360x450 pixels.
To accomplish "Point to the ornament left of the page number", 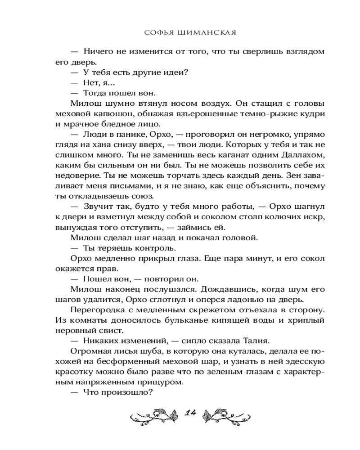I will click(151, 415).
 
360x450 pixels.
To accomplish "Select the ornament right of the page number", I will click(227, 415).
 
